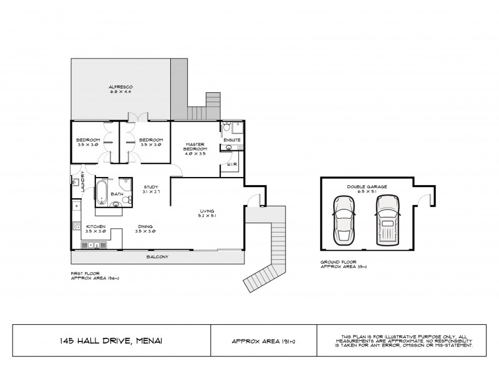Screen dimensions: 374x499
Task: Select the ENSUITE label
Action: pyautogui.click(x=232, y=140)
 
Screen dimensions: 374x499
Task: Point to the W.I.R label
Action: pyautogui.click(x=230, y=164)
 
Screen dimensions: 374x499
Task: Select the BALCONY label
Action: pyautogui.click(x=157, y=257)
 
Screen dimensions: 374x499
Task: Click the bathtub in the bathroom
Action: pyautogui.click(x=102, y=191)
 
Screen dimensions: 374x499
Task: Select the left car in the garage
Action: pyautogui.click(x=344, y=220)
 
